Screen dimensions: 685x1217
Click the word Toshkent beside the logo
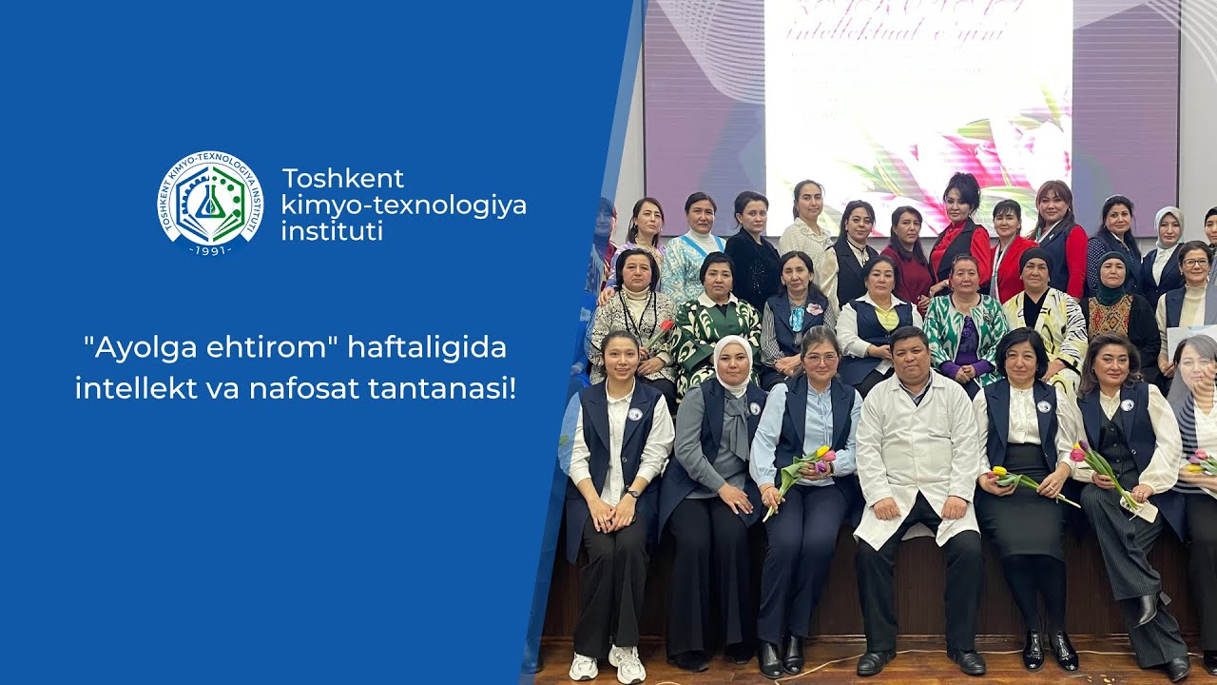pos(343,179)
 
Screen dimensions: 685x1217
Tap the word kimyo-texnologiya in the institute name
pos(404,205)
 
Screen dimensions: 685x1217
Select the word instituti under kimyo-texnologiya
pos(332,230)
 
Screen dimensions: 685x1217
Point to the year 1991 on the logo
pos(210,250)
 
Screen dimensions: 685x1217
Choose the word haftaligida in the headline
pos(427,348)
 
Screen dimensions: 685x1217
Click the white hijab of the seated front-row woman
pos(732,356)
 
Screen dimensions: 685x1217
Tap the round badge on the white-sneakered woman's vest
pos(634,414)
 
